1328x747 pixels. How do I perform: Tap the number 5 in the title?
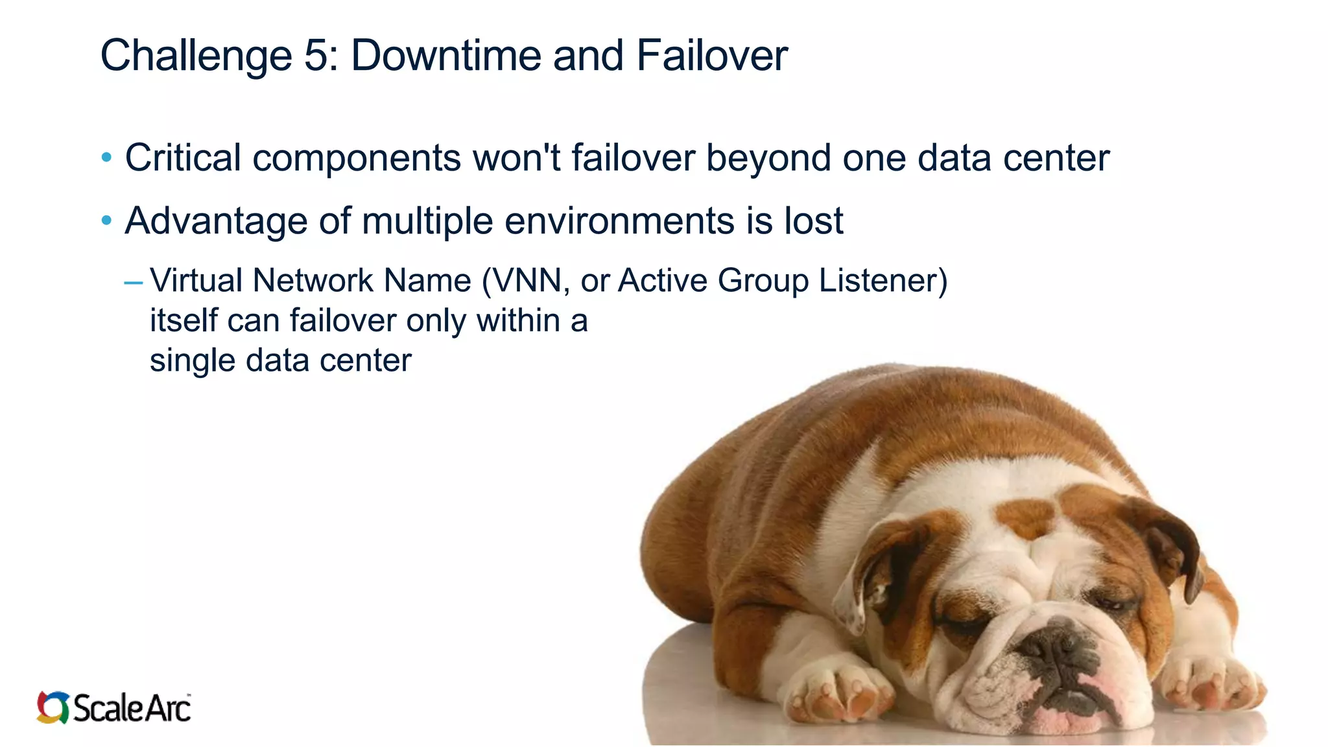(316, 55)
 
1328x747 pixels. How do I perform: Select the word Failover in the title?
(711, 55)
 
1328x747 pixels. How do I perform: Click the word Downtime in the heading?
(445, 55)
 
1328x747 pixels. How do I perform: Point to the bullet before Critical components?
(107, 158)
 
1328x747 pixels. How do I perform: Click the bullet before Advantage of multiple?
(107, 220)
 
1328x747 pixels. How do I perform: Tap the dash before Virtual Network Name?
(133, 282)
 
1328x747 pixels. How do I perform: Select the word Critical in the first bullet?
(183, 158)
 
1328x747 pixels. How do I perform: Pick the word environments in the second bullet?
(619, 220)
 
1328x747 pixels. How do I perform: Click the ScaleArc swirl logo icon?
(53, 707)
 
